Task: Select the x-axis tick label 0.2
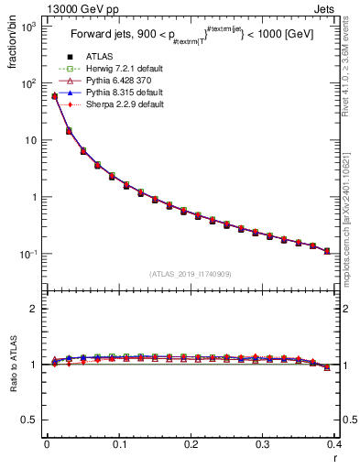tap(191, 446)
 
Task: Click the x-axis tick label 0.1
tap(119, 446)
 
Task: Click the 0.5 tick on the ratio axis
tap(30, 420)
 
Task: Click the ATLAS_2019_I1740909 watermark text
tap(191, 273)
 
